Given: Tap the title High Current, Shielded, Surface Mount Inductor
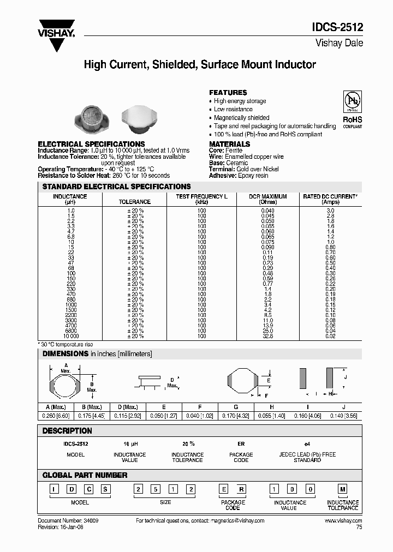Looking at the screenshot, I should point(200,65).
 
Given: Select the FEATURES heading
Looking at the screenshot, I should point(228,93).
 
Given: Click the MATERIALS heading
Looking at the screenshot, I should point(229,144).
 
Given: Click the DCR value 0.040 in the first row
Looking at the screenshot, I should point(267,211).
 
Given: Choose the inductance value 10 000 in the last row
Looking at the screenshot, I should point(69,337).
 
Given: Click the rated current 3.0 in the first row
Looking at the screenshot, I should point(330,211).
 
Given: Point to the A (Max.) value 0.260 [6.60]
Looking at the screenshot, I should point(56,415).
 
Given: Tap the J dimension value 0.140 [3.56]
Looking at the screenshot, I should point(343,415).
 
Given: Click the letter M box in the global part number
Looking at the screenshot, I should point(343,489).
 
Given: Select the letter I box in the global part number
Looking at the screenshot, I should point(55,489).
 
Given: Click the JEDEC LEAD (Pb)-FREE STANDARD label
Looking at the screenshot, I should point(307,457).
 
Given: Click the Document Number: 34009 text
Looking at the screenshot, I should point(64,521).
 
